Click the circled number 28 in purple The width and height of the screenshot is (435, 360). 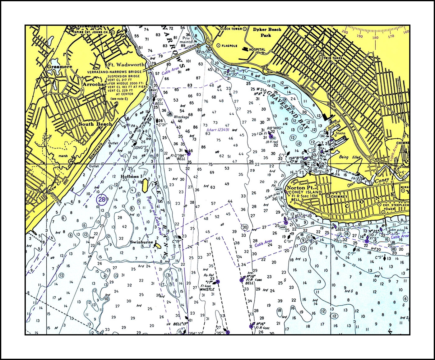pyautogui.click(x=102, y=200)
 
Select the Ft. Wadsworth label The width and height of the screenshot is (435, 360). pyautogui.click(x=126, y=65)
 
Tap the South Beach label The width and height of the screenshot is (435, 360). pyautogui.click(x=95, y=124)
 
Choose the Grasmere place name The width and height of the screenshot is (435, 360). pyautogui.click(x=59, y=67)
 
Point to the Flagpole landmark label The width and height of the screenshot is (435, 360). pyautogui.click(x=229, y=46)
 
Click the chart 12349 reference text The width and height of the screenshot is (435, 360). pyautogui.click(x=218, y=130)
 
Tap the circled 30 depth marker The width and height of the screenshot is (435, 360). pyautogui.click(x=245, y=227)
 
